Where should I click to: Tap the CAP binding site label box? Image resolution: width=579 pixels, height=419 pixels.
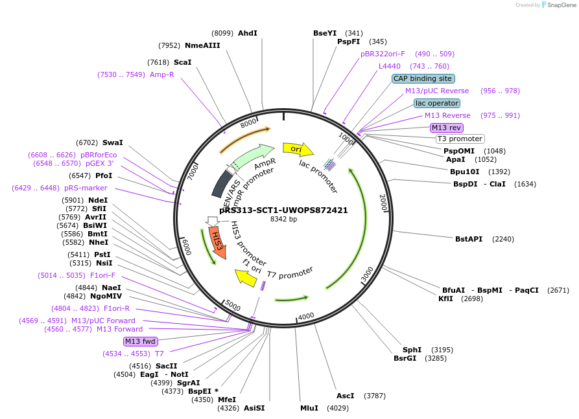[x=423, y=78]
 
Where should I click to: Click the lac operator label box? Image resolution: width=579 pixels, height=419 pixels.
[x=437, y=103]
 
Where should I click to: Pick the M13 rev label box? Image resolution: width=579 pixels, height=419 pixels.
[x=447, y=128]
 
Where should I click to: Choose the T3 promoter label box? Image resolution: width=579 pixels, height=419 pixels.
[x=460, y=139]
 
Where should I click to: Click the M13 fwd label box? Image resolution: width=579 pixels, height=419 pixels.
[x=140, y=341]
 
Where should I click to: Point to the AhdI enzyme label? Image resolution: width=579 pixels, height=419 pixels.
[x=248, y=32]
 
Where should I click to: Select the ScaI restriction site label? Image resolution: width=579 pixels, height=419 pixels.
[x=182, y=62]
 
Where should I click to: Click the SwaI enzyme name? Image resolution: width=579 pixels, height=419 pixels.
[x=112, y=142]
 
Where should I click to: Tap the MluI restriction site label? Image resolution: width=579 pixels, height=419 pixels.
[x=309, y=408]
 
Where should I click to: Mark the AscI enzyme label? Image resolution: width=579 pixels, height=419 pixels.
[x=346, y=395]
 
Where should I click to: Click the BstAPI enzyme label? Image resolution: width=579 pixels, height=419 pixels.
[x=469, y=239]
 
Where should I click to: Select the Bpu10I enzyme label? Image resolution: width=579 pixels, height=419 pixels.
[x=465, y=172]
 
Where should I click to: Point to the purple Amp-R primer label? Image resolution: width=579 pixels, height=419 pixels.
[x=162, y=74]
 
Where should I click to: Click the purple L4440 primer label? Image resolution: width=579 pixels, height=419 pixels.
[x=390, y=66]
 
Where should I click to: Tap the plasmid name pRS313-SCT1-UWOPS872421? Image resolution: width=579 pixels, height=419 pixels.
[x=283, y=210]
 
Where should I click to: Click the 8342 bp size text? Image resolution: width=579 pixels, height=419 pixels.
[x=283, y=220]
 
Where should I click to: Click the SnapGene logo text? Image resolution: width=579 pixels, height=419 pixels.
[x=561, y=5]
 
